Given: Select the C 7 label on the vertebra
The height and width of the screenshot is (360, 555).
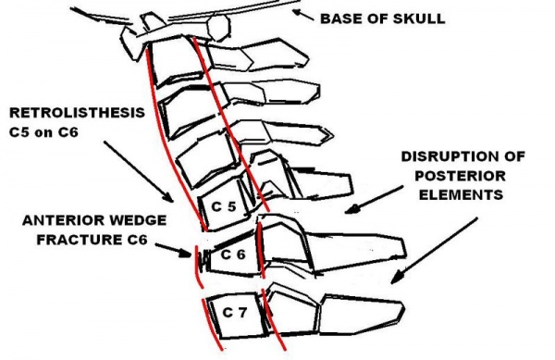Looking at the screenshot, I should pyautogui.click(x=232, y=313).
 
